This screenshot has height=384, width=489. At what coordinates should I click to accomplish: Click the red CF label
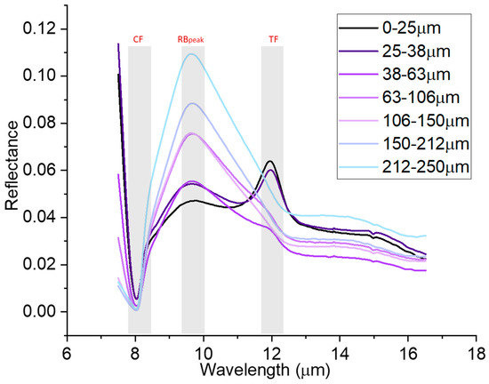[x=139, y=39]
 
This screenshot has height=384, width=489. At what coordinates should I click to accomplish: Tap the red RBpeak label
[x=192, y=39]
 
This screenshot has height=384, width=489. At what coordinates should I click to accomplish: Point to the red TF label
[x=272, y=39]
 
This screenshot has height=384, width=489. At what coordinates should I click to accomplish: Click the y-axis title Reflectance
[x=12, y=172]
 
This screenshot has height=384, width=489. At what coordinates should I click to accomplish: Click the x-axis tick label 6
[x=67, y=348]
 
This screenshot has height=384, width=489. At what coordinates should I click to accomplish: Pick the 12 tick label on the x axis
[x=272, y=348]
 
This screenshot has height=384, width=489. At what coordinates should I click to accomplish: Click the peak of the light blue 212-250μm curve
[x=190, y=54]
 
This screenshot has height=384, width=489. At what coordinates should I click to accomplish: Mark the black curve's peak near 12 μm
[x=270, y=161]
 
